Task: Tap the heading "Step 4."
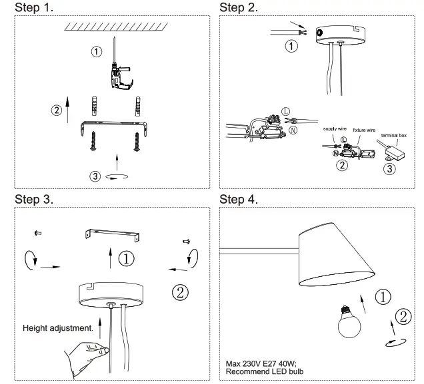239,198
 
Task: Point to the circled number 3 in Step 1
97,176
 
